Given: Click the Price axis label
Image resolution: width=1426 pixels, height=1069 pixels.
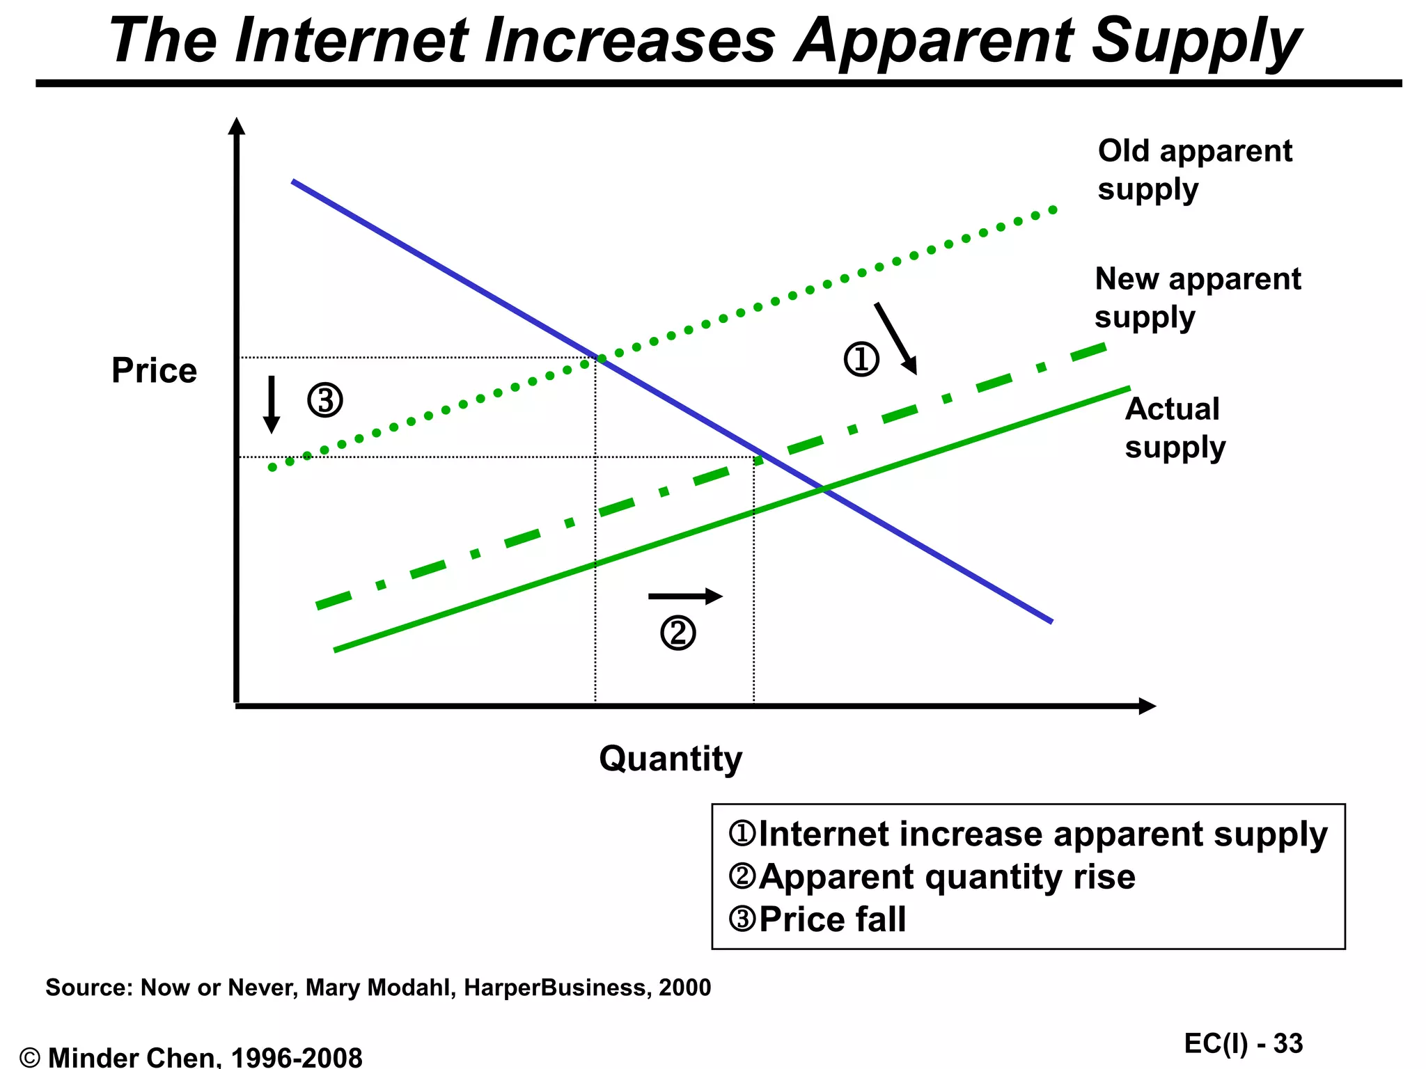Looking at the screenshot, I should point(154,370).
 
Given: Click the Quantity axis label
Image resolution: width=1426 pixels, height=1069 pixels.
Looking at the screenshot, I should point(671,759).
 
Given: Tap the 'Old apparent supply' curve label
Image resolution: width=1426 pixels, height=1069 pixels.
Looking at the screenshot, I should point(1194,170).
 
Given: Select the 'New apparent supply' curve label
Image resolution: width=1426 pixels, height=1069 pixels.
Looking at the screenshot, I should point(1197,298).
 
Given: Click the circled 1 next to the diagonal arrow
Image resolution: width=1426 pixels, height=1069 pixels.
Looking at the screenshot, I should point(861,360).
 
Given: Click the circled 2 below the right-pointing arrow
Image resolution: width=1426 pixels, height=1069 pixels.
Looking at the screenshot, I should point(677,633).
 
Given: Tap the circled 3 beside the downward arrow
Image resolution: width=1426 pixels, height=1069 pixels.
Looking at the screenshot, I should point(325,400).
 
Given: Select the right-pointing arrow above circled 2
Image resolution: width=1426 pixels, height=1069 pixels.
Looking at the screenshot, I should point(685,596).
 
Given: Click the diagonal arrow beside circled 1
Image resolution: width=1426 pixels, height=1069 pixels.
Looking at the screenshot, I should point(895,339).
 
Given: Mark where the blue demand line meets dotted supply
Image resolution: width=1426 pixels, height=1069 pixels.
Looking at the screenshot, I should point(600,358).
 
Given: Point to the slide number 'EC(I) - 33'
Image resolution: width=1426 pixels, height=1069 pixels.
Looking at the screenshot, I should point(1243,1043).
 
